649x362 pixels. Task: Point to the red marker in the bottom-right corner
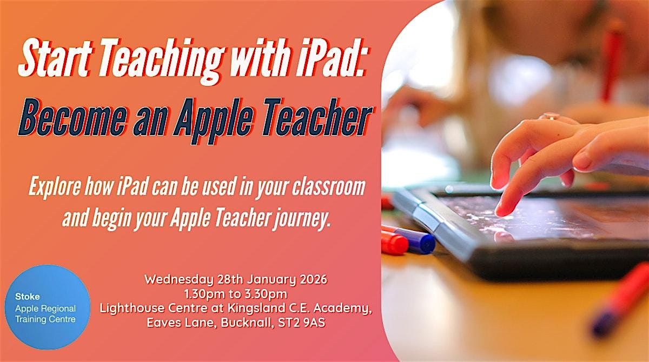pyautogui.click(x=622, y=297)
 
